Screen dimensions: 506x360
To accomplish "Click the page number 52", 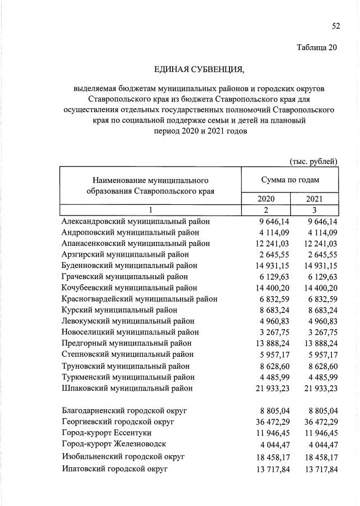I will click(336, 26).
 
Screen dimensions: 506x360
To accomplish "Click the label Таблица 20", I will click(317, 47).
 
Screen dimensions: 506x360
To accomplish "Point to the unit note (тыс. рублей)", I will click(313, 162).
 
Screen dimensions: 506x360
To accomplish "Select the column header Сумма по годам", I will click(290, 180).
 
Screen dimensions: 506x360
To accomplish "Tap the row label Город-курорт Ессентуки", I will click(114, 432).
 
